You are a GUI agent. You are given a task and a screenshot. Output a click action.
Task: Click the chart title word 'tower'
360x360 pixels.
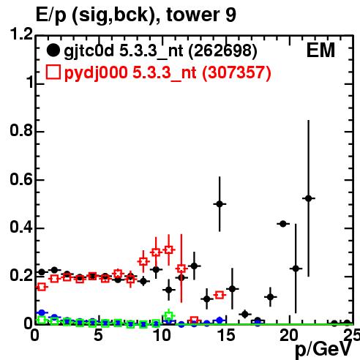pyautogui.click(x=193, y=15)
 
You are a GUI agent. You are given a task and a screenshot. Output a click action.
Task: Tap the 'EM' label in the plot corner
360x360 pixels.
pyautogui.click(x=320, y=50)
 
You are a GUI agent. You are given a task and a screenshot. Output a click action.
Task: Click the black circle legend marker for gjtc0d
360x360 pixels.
pyautogui.click(x=53, y=50)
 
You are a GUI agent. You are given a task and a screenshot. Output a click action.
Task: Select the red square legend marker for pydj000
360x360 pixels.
pyautogui.click(x=53, y=72)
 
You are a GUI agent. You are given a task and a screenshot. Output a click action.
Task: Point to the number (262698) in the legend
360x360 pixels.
pyautogui.click(x=222, y=51)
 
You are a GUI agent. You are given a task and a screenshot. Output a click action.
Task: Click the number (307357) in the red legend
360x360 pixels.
pyautogui.click(x=236, y=72)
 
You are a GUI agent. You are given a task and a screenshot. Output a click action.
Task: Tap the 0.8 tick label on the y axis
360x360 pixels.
pyautogui.click(x=21, y=130)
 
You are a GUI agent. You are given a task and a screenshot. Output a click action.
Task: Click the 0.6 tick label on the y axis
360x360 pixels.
pyautogui.click(x=21, y=179)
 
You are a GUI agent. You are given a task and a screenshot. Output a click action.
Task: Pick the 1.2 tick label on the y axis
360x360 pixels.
pyautogui.click(x=21, y=34)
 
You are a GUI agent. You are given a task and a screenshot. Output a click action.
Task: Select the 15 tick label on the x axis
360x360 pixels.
pyautogui.click(x=226, y=335)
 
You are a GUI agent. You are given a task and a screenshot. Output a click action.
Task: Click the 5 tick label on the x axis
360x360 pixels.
pyautogui.click(x=98, y=335)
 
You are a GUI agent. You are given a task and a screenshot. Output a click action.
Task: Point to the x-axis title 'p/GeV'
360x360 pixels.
pyautogui.click(x=323, y=350)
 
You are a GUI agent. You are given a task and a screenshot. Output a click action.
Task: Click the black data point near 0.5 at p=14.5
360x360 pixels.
pyautogui.click(x=220, y=204)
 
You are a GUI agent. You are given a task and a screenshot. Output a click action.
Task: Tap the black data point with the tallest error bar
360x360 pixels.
pyautogui.click(x=308, y=198)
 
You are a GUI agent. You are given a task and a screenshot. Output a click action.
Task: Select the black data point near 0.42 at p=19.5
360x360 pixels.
pyautogui.click(x=283, y=224)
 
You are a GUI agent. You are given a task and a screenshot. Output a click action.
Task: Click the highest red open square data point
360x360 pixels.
pyautogui.click(x=168, y=250)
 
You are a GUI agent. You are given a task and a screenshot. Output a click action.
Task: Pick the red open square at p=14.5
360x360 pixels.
pyautogui.click(x=220, y=295)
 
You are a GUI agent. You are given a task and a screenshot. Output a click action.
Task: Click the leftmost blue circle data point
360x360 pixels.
pyautogui.click(x=42, y=312)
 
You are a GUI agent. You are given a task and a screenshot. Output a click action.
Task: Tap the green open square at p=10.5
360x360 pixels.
pyautogui.click(x=168, y=315)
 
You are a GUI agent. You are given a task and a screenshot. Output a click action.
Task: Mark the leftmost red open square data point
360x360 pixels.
pyautogui.click(x=42, y=287)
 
